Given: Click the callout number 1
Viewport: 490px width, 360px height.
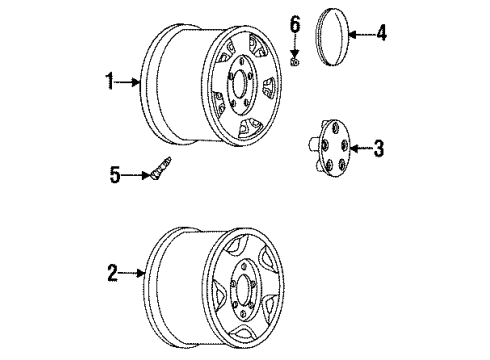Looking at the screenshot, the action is pyautogui.click(x=110, y=81).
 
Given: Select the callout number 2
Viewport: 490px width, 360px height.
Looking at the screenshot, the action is pyautogui.click(x=113, y=273).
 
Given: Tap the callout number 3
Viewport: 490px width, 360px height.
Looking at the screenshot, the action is pyautogui.click(x=379, y=148).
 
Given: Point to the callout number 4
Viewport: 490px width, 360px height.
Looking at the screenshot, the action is pyautogui.click(x=381, y=33).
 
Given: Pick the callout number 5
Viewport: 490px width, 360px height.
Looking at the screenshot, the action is pyautogui.click(x=115, y=175).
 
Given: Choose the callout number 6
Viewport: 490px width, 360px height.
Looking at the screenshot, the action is pyautogui.click(x=295, y=24).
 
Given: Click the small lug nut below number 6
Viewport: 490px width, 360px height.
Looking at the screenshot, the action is pyautogui.click(x=295, y=62).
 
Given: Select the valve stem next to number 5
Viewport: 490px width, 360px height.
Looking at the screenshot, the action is pyautogui.click(x=161, y=168).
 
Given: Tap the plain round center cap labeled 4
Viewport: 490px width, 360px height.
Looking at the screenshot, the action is pyautogui.click(x=332, y=37).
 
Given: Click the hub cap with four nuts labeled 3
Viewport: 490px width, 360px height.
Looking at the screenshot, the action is pyautogui.click(x=332, y=148).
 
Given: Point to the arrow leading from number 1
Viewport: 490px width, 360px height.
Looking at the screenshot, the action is pyautogui.click(x=127, y=82).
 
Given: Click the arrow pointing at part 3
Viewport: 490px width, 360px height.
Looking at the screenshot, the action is pyautogui.click(x=361, y=148).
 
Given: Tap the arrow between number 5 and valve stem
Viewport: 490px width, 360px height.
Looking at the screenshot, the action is pyautogui.click(x=135, y=175).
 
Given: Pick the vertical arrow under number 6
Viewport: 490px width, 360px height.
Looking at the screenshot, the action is pyautogui.click(x=295, y=46).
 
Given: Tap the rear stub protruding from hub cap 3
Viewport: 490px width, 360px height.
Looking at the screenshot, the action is pyautogui.click(x=312, y=144).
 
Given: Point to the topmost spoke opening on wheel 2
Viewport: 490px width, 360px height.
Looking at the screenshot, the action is pyautogui.click(x=235, y=246).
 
